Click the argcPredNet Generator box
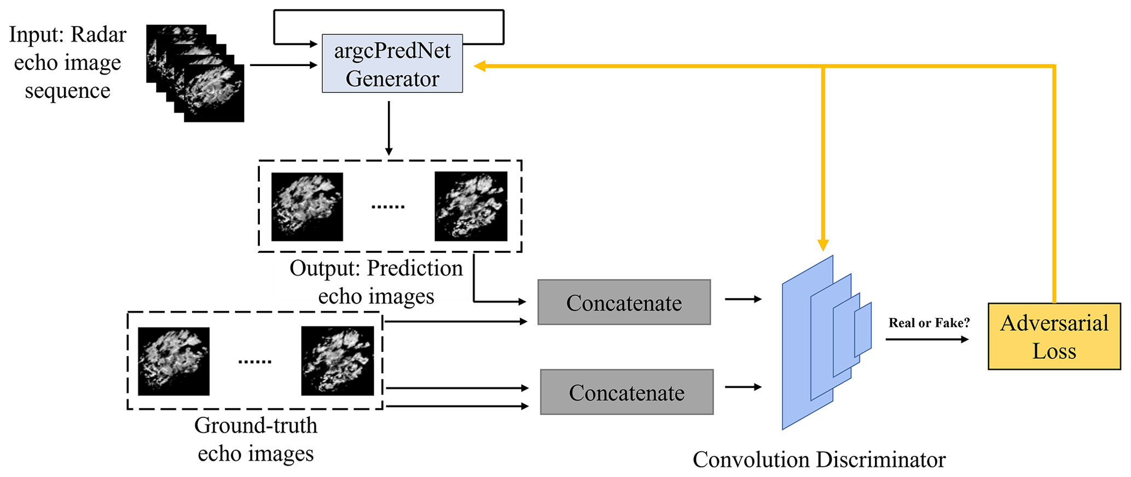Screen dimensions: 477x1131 pos(392,63)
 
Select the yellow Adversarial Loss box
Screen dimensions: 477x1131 pos(1054,336)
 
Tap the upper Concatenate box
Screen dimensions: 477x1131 pos(624,302)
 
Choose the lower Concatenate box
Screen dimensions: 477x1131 pos(627,392)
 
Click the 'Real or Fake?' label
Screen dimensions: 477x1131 pos(929,323)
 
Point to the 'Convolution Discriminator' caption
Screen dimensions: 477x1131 pos(819,460)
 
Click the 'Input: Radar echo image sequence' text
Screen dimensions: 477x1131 pos(67,62)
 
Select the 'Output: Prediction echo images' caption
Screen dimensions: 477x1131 pos(376,282)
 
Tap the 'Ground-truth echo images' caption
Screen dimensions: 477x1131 pos(256,439)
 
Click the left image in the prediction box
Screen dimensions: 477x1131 pos(307,207)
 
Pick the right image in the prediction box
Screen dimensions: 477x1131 pos(471,206)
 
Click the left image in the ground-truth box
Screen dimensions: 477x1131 pos(173,361)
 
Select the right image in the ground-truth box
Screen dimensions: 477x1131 pos(337,361)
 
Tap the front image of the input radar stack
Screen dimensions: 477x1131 pos(214,93)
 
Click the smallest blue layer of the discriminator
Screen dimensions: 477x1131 pos(863,330)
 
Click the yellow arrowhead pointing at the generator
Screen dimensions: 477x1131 pos(480,66)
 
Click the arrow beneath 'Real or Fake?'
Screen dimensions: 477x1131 pos(927,339)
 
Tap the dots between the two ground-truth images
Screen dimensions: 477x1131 pos(255,362)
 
